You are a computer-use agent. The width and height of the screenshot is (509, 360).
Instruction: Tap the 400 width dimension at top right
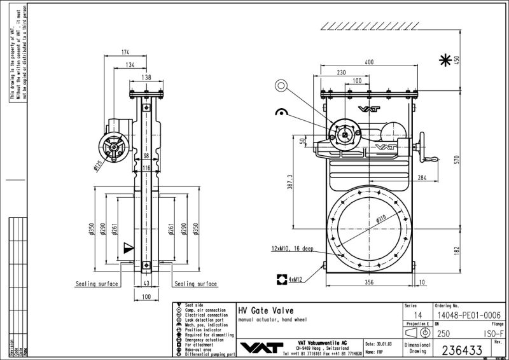pyautogui.click(x=368, y=62)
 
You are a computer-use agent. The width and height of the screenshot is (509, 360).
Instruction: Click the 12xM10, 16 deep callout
pyautogui.click(x=292, y=249)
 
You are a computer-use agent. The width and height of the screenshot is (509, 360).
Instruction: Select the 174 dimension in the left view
pyautogui.click(x=125, y=52)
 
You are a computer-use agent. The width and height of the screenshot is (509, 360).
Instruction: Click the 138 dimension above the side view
pyautogui.click(x=146, y=77)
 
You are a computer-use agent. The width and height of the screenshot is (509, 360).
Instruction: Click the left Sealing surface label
pyautogui.click(x=97, y=284)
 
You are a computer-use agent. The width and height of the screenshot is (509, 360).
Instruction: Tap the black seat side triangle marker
pyautogui.click(x=129, y=246)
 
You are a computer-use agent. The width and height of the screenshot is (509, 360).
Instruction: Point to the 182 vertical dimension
pyautogui.click(x=456, y=252)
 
